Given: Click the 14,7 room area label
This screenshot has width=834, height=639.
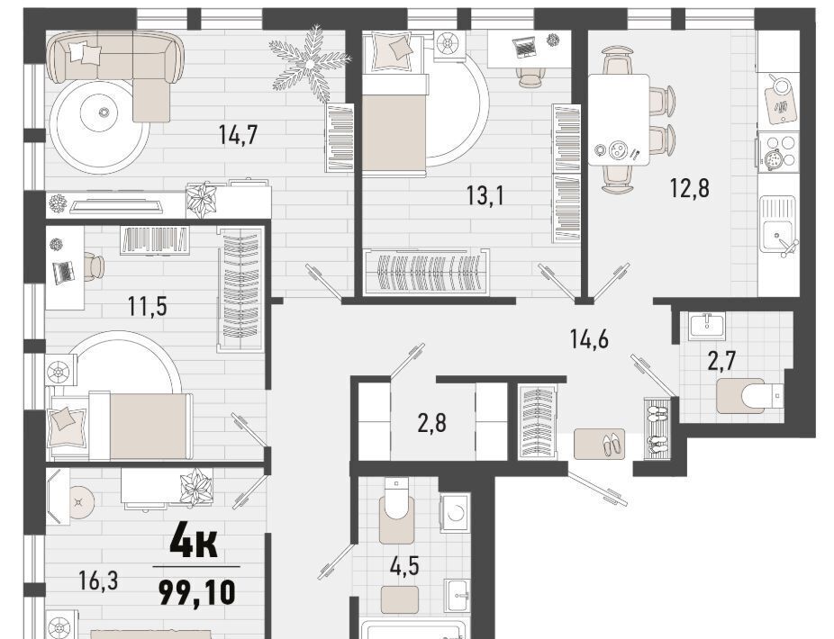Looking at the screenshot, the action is (238, 134).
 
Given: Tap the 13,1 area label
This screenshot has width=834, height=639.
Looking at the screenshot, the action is (485, 195).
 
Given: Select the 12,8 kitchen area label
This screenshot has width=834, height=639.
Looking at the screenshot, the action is (689, 188).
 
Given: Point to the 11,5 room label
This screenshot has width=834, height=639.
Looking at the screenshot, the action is (148, 306).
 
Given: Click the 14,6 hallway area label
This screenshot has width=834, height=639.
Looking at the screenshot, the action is (589, 338).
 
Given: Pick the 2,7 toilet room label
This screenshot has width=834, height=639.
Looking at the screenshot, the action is (721, 361).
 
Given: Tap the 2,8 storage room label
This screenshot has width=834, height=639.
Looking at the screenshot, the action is (432, 424).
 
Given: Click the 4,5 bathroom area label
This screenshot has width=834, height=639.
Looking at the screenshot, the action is (404, 567).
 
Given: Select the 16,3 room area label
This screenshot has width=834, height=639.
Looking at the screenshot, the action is (98, 580).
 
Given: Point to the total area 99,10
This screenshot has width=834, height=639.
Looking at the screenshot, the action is (197, 593).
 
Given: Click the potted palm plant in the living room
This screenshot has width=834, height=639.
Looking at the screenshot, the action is (310, 64).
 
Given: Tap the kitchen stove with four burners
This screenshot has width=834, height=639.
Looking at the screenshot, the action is (778, 151).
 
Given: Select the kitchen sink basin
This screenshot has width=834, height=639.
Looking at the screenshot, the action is (777, 224).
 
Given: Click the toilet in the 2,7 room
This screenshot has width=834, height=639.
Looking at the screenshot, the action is (750, 396).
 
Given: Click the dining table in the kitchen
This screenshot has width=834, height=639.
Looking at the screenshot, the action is (619, 120).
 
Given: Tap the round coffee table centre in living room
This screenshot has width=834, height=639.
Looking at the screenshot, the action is (104, 112).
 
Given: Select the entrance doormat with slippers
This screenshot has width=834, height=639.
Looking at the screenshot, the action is (600, 445).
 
